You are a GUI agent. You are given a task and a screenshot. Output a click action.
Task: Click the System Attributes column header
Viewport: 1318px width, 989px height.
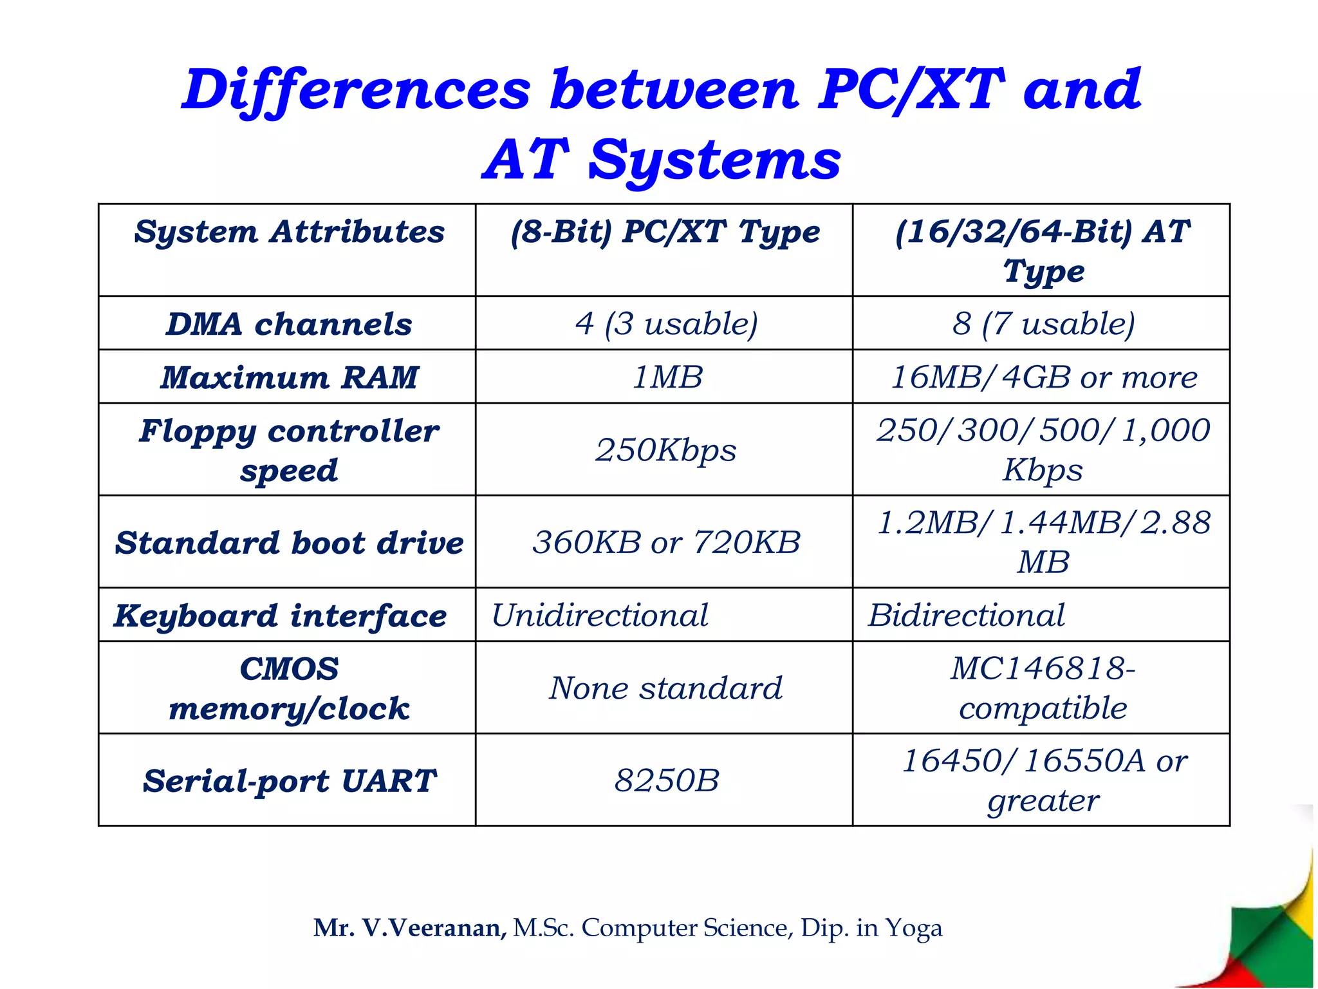[x=289, y=232]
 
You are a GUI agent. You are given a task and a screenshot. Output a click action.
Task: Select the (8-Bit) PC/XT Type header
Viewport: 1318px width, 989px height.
[x=665, y=232]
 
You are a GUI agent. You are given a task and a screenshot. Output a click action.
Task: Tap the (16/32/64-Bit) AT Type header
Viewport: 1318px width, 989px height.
[x=1042, y=250]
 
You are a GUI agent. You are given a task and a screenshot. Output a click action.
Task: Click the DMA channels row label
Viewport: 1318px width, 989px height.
[x=289, y=324]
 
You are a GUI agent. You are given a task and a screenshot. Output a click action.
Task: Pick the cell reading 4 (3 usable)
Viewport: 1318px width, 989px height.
[x=666, y=323]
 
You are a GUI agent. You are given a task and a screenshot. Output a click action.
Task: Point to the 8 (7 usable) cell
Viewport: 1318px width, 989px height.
[x=1043, y=323]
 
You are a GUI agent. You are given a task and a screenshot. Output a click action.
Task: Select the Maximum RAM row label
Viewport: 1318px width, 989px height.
[x=289, y=377]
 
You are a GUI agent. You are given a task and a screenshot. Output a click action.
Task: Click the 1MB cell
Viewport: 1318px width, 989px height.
[x=667, y=377]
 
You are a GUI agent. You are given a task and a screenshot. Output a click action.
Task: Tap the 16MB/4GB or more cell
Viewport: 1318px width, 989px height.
[x=1043, y=377]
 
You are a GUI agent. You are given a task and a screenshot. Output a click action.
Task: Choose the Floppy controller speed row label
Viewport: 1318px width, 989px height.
[x=289, y=450]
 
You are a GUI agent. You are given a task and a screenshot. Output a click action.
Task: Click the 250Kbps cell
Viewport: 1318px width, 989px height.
[x=666, y=450]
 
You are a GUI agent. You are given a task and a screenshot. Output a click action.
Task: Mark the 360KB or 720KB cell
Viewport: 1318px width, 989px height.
[x=666, y=542]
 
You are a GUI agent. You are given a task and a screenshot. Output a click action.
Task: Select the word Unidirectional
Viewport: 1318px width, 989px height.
[x=600, y=616]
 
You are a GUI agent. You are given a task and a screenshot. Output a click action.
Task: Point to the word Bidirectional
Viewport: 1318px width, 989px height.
[x=967, y=616]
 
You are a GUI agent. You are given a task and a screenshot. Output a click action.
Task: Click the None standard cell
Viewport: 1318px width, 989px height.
[x=666, y=688]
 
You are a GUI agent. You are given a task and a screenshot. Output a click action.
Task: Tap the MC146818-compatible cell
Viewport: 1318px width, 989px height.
[x=1043, y=688]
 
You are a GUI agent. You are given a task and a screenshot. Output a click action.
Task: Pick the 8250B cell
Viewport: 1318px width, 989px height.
[x=666, y=780]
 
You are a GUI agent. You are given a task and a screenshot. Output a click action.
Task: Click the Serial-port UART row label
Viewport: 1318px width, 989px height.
[x=289, y=781]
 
